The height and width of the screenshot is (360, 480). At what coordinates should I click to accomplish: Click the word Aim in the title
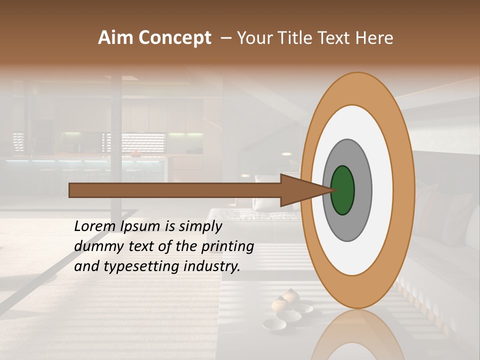(115, 38)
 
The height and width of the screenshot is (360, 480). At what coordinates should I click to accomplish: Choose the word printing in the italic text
(227, 246)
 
